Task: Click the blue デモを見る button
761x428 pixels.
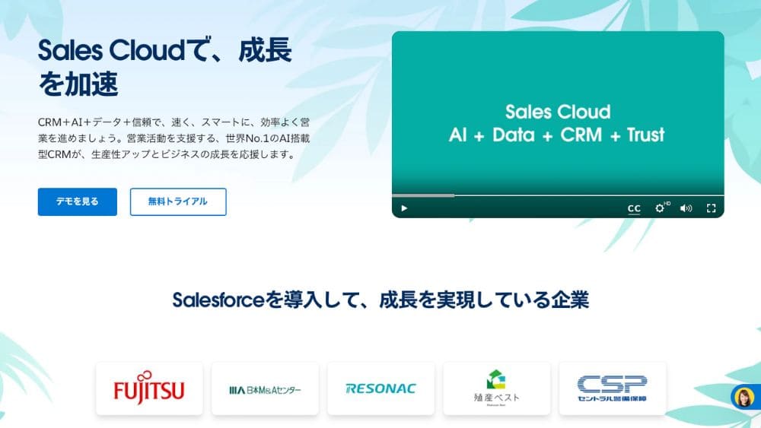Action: tap(77, 201)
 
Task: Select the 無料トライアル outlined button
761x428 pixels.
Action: tap(178, 201)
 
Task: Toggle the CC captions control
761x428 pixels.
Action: tap(634, 208)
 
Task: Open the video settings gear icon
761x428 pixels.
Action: tap(660, 208)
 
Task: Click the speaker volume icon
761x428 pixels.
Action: tap(686, 208)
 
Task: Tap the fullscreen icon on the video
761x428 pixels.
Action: tap(711, 208)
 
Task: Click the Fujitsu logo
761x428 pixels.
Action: tap(149, 388)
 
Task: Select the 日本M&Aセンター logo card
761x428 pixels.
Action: tap(265, 388)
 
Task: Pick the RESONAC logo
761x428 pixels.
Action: tap(381, 388)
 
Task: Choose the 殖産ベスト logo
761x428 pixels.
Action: tap(496, 388)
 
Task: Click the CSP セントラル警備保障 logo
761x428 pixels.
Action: tap(613, 388)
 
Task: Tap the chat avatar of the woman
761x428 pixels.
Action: tap(743, 398)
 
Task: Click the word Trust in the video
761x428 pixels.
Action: tap(645, 135)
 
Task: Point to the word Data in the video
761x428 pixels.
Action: tap(514, 135)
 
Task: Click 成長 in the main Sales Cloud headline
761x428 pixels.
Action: tap(265, 50)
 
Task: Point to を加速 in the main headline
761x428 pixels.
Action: tap(78, 84)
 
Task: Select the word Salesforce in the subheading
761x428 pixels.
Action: tap(218, 300)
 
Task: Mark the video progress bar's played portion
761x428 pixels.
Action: tap(423, 195)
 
